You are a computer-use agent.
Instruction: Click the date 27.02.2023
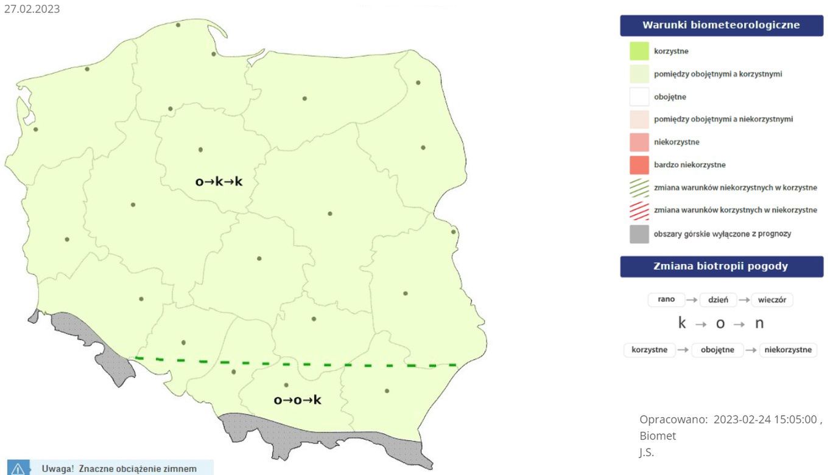[32, 9]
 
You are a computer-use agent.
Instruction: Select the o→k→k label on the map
[219, 181]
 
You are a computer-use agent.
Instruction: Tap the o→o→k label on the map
[297, 400]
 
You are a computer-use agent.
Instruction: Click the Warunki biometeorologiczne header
[721, 26]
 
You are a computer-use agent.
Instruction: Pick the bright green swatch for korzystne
[639, 51]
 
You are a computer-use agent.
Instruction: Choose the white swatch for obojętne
[639, 97]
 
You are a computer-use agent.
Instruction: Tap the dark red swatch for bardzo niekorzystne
[639, 165]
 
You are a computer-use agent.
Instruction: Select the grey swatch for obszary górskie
[639, 234]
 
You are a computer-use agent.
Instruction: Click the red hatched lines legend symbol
[639, 210]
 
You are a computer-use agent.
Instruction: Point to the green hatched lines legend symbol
[639, 188]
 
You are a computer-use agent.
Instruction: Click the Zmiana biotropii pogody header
[721, 266]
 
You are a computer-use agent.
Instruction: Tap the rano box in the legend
[666, 299]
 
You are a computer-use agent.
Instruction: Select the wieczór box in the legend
[771, 299]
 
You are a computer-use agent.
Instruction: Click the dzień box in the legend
[719, 299]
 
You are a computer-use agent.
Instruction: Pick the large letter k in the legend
[682, 324]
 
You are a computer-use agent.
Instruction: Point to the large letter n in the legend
[759, 324]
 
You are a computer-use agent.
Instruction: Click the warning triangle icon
[18, 469]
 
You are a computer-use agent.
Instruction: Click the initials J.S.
[647, 452]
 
